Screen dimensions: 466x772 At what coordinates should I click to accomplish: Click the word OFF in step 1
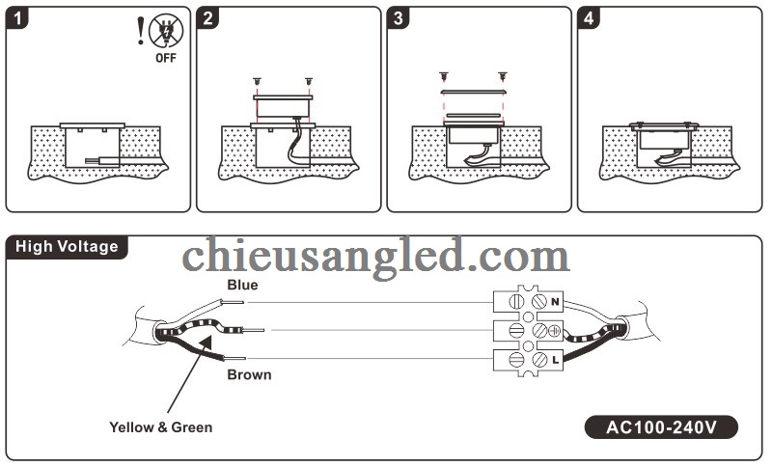pyautogui.click(x=166, y=58)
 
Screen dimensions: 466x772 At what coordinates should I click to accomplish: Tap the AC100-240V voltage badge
pyautogui.click(x=661, y=425)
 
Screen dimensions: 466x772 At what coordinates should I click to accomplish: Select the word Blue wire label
pyautogui.click(x=242, y=285)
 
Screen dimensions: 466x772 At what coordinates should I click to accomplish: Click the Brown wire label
pyautogui.click(x=249, y=374)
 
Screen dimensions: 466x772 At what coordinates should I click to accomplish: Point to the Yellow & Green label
pyautogui.click(x=160, y=426)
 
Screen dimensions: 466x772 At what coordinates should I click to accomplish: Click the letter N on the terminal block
pyautogui.click(x=556, y=302)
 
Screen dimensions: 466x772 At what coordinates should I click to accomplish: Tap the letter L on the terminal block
pyautogui.click(x=556, y=360)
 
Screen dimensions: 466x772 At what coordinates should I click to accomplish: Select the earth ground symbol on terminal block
pyautogui.click(x=555, y=331)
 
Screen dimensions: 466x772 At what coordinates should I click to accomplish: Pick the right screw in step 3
pyautogui.click(x=502, y=74)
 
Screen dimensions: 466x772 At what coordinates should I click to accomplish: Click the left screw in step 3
pyautogui.click(x=443, y=74)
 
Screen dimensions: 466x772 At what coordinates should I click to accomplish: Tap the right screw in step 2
pyautogui.click(x=308, y=81)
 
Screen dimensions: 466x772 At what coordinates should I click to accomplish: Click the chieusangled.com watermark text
pyautogui.click(x=375, y=258)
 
